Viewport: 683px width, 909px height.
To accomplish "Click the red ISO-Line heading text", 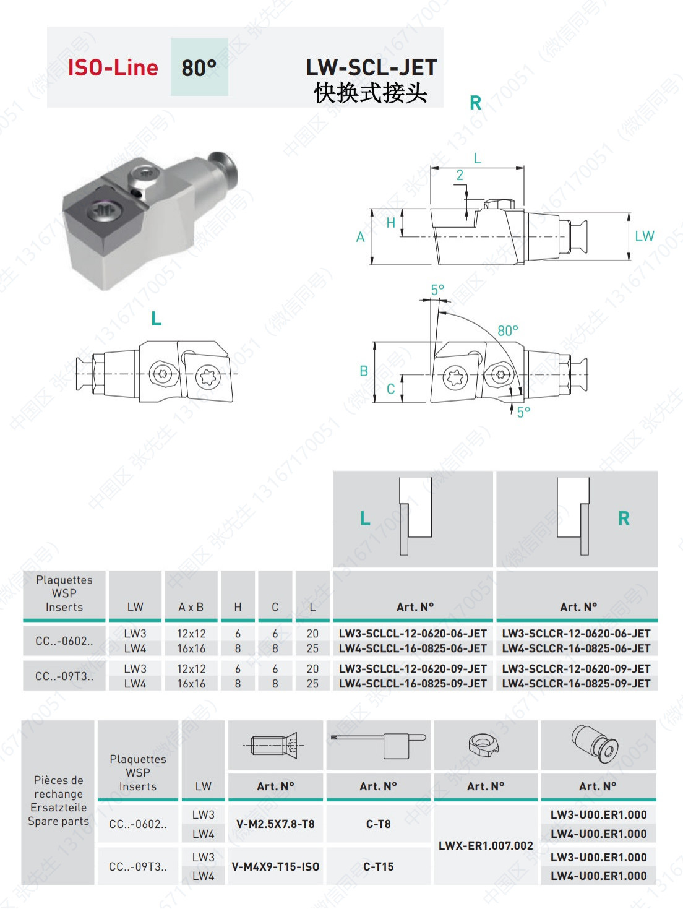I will point(113,67).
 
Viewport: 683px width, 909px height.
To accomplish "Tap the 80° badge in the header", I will point(199,67).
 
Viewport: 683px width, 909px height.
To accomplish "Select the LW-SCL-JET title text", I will point(371,67).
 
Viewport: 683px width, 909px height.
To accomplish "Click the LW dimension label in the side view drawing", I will point(644,236).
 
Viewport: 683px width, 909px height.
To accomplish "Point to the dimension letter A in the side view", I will point(360,237).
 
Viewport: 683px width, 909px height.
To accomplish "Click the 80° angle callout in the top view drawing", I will point(508,330).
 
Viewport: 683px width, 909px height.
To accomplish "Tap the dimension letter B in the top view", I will point(364,371).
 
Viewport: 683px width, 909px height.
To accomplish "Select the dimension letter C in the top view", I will point(390,389).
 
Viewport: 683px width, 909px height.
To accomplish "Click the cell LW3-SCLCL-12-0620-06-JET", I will point(413,634).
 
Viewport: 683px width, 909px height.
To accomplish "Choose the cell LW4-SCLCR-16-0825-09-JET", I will point(576,684).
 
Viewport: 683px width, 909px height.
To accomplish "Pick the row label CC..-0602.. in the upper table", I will point(64,641).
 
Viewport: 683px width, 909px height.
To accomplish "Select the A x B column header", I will point(191,607).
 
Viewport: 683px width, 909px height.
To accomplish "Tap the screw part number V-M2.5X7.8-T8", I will point(275,824).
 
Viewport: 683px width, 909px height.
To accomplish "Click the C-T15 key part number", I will point(378,867).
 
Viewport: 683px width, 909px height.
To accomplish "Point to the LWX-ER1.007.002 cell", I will point(486,845).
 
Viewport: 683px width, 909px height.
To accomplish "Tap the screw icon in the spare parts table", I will point(275,745).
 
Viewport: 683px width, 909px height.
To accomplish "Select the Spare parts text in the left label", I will point(58,821).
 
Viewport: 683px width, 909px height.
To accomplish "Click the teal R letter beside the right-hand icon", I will point(624,519).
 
